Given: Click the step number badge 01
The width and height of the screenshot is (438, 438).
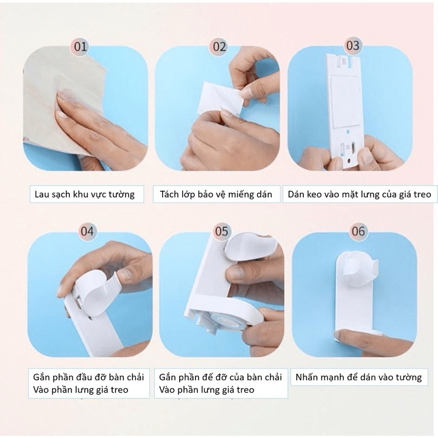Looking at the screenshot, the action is (80, 47).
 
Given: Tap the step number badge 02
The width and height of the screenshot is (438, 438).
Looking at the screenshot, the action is (220, 47).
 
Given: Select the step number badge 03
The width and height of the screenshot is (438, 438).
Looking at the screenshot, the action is (353, 45).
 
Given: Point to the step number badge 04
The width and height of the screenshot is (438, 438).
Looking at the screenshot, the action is (87, 231).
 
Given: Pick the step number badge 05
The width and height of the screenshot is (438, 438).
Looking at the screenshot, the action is (222, 231).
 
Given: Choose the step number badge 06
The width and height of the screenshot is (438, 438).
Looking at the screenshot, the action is (359, 231).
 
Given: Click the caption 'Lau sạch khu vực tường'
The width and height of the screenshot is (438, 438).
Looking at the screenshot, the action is (84, 194).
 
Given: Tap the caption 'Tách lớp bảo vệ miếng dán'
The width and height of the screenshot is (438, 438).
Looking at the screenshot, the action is (216, 194).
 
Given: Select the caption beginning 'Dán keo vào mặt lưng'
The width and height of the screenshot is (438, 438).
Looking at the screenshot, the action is (360, 194).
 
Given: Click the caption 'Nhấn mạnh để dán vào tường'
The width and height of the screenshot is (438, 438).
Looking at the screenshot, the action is (359, 377).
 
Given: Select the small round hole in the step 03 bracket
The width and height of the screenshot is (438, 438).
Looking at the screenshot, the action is (348, 131).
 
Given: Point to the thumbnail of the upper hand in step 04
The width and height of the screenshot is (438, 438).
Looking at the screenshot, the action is (125, 274).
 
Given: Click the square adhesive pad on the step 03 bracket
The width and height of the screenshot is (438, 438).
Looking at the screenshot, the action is (344, 100).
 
